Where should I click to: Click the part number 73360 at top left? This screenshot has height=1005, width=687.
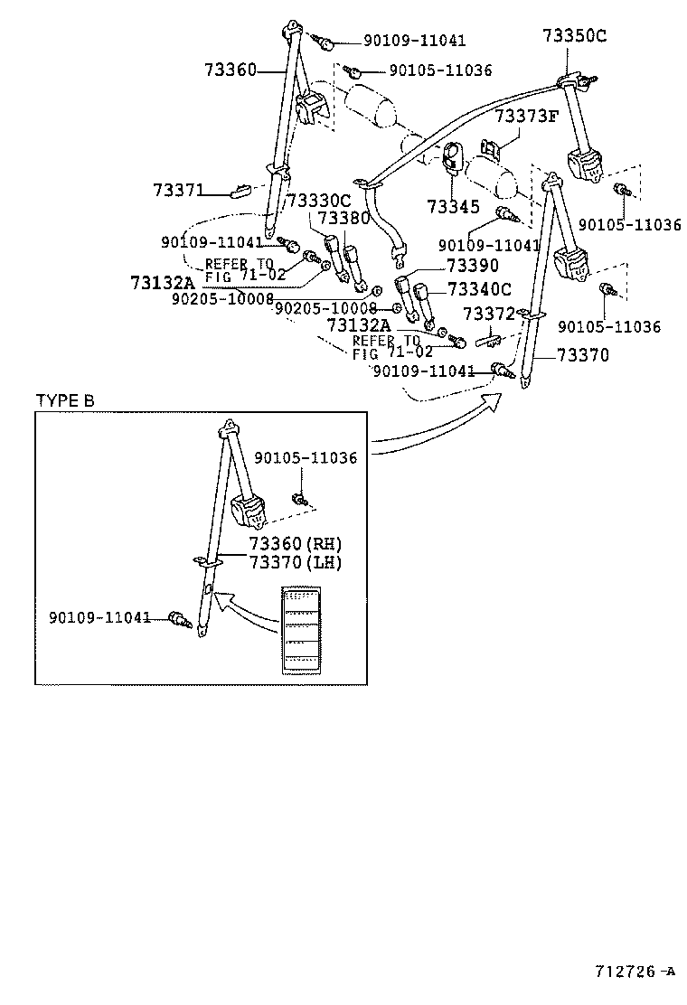click(x=231, y=70)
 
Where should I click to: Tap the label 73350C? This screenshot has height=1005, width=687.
click(x=574, y=36)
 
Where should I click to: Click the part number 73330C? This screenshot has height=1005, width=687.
click(x=317, y=201)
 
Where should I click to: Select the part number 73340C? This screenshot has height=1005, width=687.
click(x=479, y=289)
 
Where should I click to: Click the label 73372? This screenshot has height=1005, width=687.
click(x=488, y=314)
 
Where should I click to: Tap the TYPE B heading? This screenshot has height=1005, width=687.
click(x=64, y=401)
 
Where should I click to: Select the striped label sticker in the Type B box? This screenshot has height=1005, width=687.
click(x=299, y=630)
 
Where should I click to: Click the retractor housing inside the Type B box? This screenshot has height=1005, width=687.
click(x=249, y=511)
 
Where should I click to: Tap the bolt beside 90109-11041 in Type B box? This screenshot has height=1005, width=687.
click(x=180, y=619)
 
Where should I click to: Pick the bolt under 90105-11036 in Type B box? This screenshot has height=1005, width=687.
click(x=300, y=499)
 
